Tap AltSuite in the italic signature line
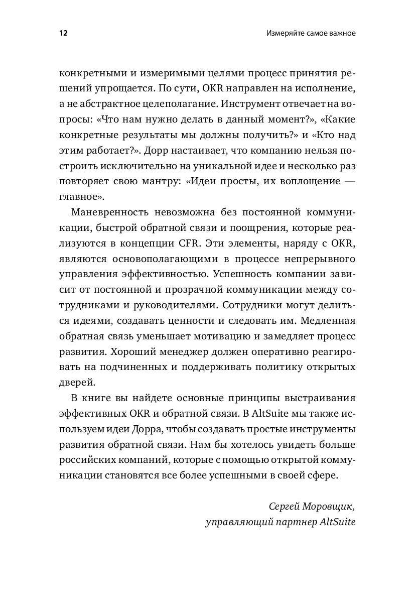coord(337,522)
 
